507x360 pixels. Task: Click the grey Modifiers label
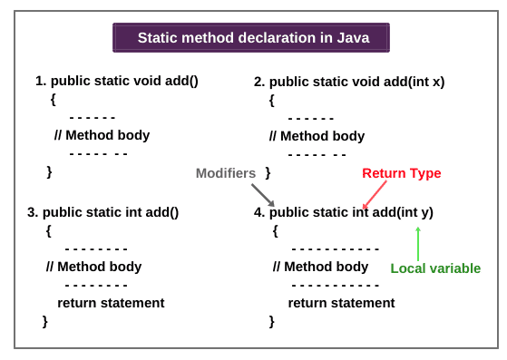click(226, 173)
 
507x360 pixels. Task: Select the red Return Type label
click(401, 173)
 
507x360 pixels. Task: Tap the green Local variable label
click(435, 268)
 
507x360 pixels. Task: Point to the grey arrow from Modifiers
click(262, 194)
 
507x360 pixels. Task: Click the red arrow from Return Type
click(375, 194)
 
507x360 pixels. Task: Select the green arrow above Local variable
click(418, 242)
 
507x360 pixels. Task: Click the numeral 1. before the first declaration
click(41, 81)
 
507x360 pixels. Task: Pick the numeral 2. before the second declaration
click(259, 82)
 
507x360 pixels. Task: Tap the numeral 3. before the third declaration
click(33, 212)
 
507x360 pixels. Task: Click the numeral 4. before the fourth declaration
click(259, 212)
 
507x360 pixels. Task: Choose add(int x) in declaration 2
click(414, 82)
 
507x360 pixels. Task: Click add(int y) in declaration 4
click(403, 212)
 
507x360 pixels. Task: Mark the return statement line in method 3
click(111, 303)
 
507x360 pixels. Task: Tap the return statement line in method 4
click(341, 303)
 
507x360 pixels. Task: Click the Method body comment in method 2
click(317, 136)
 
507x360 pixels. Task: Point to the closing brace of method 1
click(50, 170)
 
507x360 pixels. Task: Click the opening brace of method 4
click(275, 231)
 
